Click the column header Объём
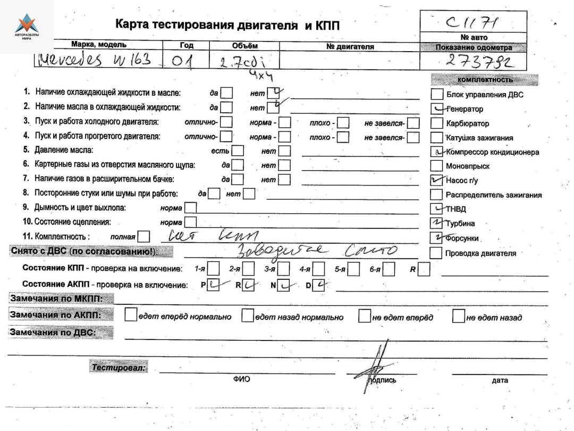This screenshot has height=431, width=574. [244, 46]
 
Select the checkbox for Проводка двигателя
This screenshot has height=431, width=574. [436, 253]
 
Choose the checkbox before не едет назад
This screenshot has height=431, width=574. [458, 317]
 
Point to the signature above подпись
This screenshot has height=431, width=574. [376, 363]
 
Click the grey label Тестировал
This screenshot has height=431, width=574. [119, 367]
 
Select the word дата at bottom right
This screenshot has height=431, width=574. [500, 380]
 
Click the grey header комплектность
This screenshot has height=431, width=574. [484, 80]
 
